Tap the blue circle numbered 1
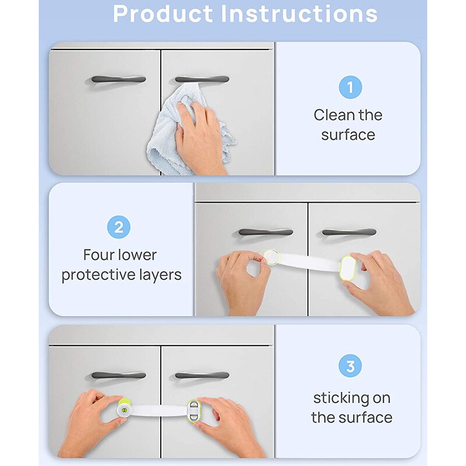tap(350, 87)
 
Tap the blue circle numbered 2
tap(118, 227)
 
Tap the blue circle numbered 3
tap(350, 366)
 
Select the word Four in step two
tap(100, 255)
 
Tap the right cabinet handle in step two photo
tap(349, 232)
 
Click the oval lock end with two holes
tap(193, 409)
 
